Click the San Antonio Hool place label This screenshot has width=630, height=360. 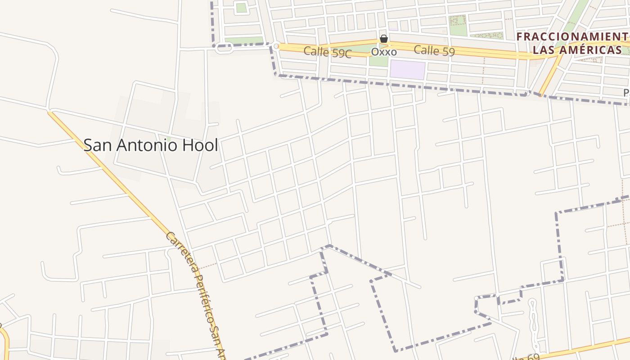pos(151,145)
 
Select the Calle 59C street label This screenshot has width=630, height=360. pos(327,52)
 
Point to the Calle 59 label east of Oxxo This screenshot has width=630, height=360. pos(434,50)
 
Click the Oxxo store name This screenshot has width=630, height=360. pos(384,52)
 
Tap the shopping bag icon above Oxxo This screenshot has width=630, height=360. pos(384,39)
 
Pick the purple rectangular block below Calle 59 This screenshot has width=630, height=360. pos(407,70)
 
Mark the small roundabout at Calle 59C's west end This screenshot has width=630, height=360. pos(276,46)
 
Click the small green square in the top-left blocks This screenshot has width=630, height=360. pos(242,8)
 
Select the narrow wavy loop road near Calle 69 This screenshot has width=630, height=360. pos(533,324)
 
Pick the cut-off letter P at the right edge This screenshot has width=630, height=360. pos(626,93)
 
